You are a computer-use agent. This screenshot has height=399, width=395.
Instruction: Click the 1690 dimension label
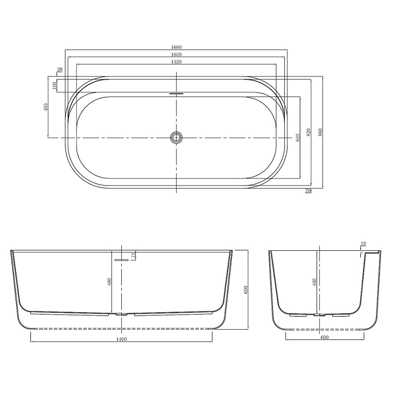pyautogui.click(x=177, y=47)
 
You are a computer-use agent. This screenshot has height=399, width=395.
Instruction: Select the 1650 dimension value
pyautogui.click(x=177, y=54)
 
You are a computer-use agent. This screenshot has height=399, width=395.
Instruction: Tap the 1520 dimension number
pyautogui.click(x=177, y=61)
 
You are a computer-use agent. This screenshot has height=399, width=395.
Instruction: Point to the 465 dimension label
pyautogui.click(x=45, y=107)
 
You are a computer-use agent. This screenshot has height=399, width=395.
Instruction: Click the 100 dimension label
pyautogui.click(x=54, y=85)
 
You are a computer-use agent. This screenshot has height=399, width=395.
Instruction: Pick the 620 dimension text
pyautogui.click(x=298, y=138)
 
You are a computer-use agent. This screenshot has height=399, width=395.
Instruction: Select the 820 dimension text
pyautogui.click(x=308, y=132)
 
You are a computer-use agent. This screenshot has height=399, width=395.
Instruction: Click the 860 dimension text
pyautogui.click(x=320, y=132)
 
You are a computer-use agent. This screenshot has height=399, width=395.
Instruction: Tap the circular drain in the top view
pyautogui.click(x=177, y=138)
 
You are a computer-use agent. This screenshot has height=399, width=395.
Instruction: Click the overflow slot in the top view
pyautogui.click(x=177, y=93)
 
